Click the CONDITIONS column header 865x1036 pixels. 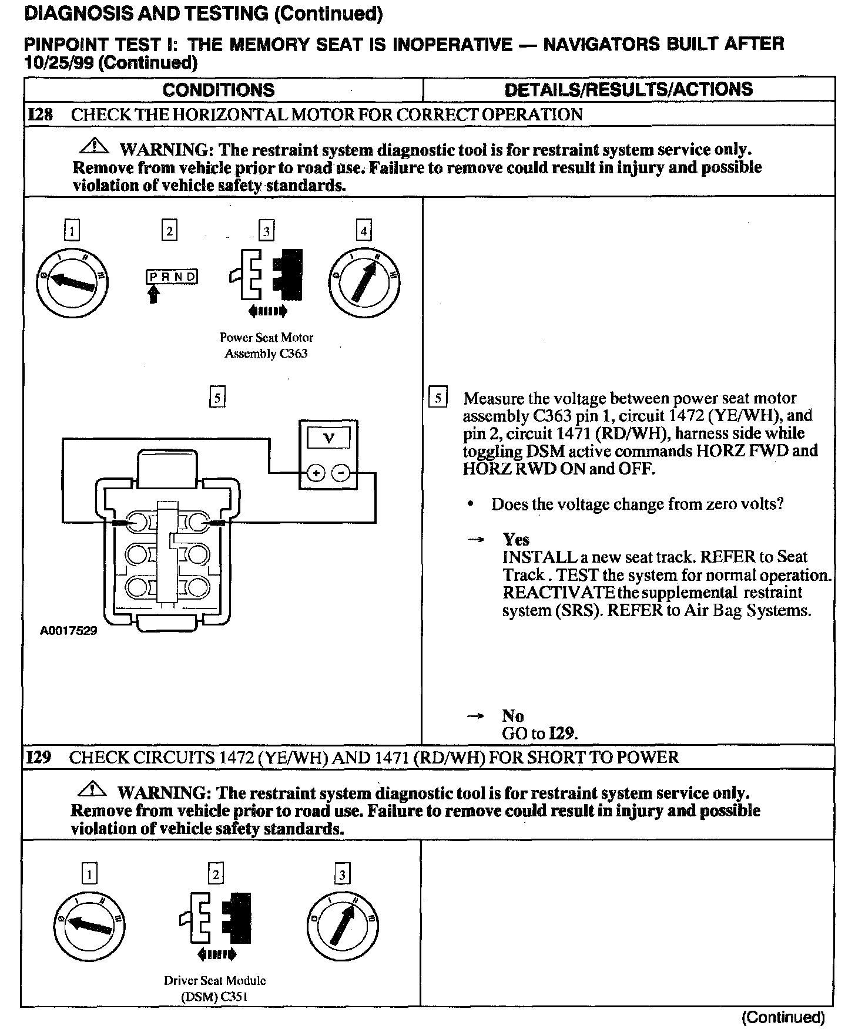tap(219, 90)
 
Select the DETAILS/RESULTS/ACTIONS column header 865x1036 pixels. tap(628, 89)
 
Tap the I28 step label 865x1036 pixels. tap(40, 114)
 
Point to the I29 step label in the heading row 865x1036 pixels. tap(39, 757)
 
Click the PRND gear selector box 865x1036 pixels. tap(172, 277)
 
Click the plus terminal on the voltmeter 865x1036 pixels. tap(316, 473)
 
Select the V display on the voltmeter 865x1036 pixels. tap(328, 438)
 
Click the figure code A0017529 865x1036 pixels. tap(69, 631)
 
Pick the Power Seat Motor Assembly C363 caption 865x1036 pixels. tap(266, 345)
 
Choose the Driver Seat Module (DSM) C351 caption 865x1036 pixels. tap(215, 988)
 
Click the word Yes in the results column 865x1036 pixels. tap(516, 539)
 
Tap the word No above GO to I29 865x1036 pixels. tap(512, 715)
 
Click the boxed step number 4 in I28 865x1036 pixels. tap(364, 231)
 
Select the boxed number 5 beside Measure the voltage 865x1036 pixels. tap(438, 398)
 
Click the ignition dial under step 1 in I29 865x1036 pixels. tap(89, 927)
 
